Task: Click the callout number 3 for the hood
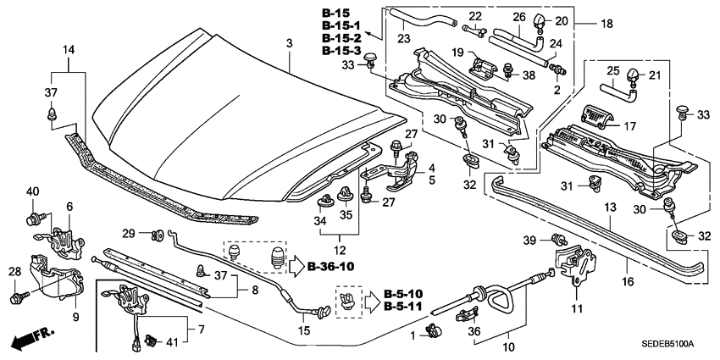289,43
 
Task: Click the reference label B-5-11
402,305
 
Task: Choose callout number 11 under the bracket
578,307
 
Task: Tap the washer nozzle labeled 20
540,19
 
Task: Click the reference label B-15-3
341,52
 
